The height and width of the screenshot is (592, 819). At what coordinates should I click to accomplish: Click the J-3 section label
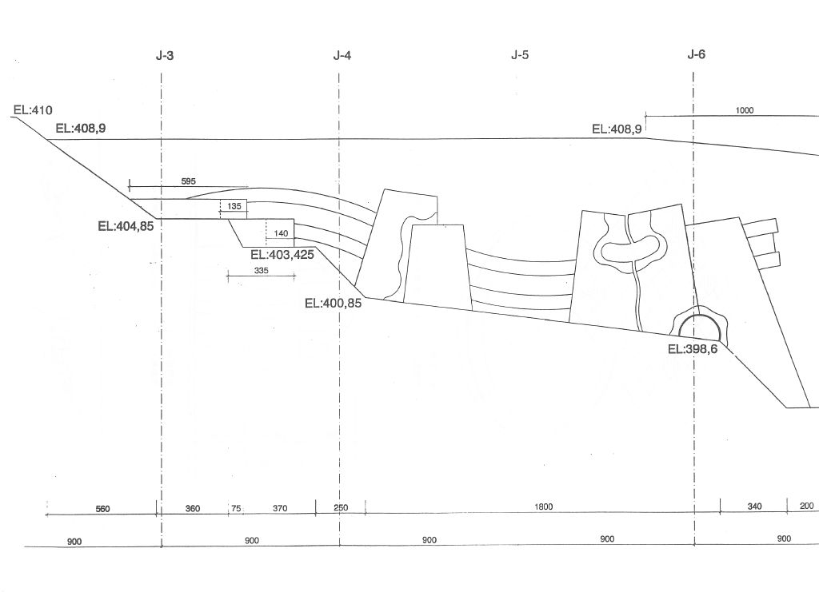pos(165,55)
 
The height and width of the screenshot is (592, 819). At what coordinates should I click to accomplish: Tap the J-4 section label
pos(342,55)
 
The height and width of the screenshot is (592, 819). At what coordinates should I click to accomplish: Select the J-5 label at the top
pos(520,55)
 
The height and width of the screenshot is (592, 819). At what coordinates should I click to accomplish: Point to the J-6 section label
pos(697,54)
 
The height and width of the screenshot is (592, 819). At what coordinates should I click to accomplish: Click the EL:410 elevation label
pos(33,110)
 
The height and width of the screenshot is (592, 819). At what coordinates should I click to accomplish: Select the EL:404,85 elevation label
pos(126,226)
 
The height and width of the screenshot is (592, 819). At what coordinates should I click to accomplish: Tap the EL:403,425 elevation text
pos(282,255)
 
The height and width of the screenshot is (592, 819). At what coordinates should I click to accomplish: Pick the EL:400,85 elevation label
pos(334,303)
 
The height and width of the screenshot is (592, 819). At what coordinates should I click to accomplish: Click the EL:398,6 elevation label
pos(693,349)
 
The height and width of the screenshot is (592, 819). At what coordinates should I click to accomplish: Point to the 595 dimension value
pos(189,181)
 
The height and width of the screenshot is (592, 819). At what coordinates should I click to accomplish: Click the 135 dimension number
pos(234,207)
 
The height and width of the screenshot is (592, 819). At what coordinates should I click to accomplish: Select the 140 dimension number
pos(281,233)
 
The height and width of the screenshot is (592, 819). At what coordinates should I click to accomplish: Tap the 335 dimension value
pos(262,271)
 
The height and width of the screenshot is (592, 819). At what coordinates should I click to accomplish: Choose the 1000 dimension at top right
pos(745,110)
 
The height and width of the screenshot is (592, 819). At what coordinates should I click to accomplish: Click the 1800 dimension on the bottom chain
pos(544,507)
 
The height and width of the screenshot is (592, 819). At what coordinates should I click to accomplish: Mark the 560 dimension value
pos(103,509)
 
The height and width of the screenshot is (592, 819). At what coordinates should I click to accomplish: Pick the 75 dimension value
pos(236,508)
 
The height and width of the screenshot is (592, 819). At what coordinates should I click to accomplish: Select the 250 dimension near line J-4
pos(340,507)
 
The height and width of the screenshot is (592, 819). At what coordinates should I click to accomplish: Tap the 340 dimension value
pos(755,506)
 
